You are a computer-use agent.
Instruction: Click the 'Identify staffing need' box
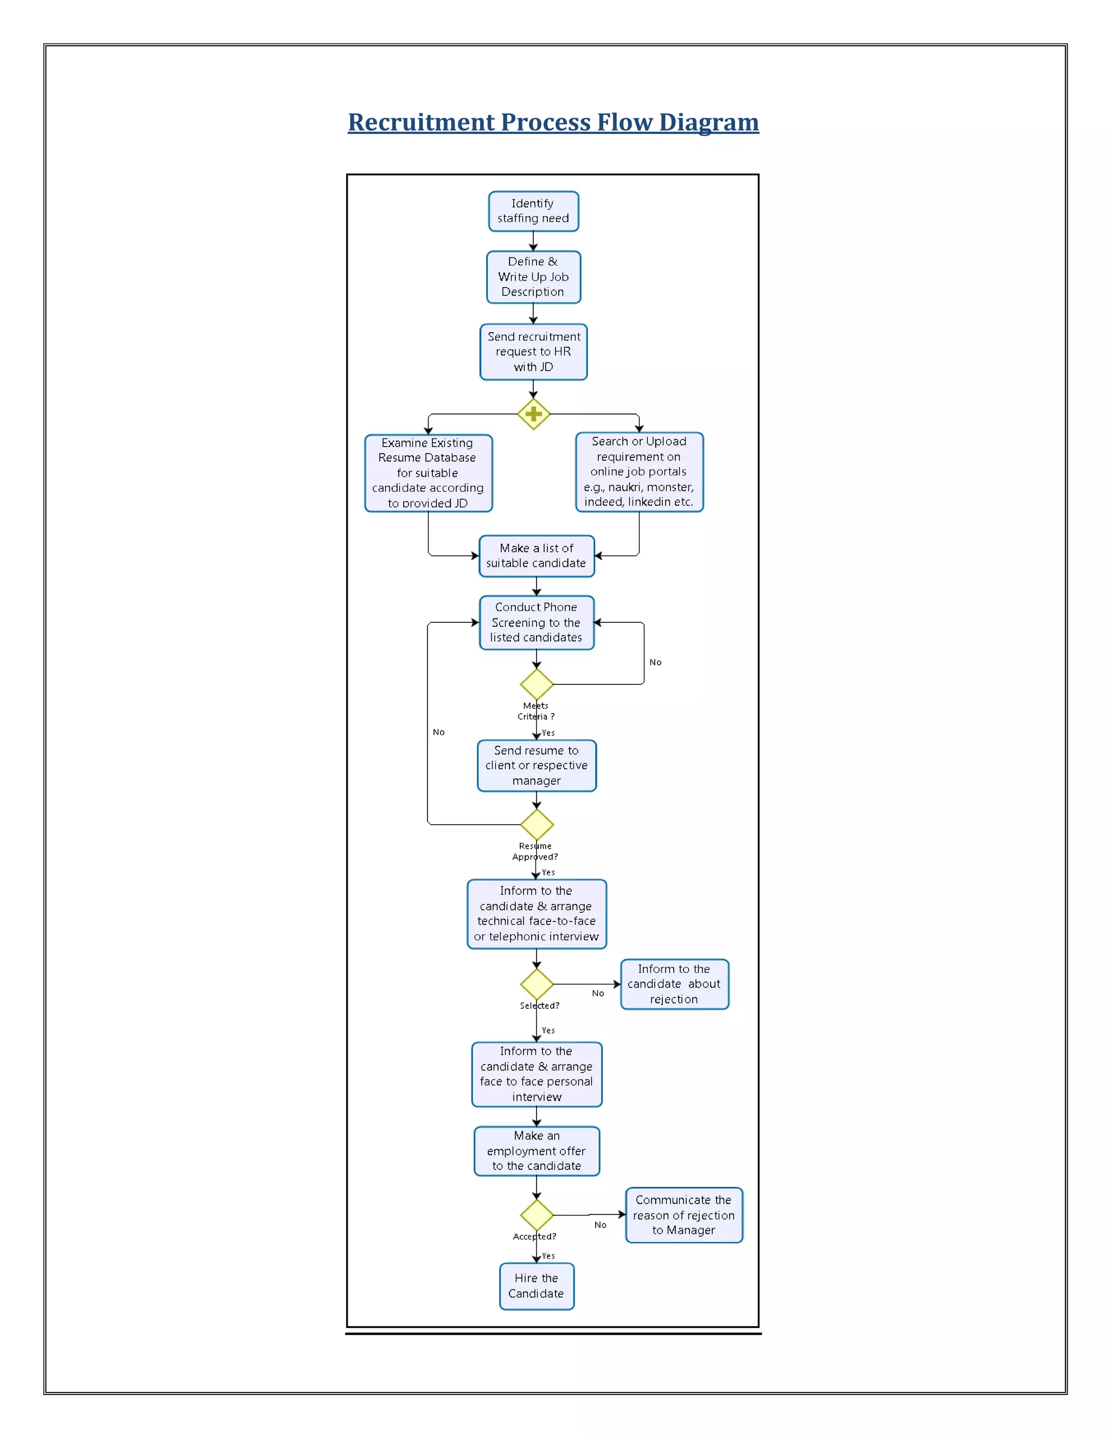point(533,211)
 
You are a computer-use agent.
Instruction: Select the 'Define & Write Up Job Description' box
point(533,277)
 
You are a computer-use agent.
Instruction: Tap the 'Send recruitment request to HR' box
point(533,352)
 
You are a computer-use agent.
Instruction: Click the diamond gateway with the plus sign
point(533,414)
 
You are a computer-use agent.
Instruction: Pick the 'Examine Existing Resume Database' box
point(428,473)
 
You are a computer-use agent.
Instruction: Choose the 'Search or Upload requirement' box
point(638,472)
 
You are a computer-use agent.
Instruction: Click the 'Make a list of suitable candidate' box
point(537,556)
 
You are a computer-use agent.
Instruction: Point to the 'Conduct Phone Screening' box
point(537,622)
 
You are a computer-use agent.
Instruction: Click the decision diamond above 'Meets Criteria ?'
point(537,684)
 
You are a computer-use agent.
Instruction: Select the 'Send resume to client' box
point(537,765)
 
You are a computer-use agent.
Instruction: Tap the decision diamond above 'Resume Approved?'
point(537,824)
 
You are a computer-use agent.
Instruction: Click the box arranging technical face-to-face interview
point(537,914)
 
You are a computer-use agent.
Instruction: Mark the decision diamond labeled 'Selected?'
point(537,984)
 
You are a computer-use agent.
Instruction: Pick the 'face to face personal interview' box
point(537,1074)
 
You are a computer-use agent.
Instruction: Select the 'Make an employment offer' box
point(537,1151)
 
